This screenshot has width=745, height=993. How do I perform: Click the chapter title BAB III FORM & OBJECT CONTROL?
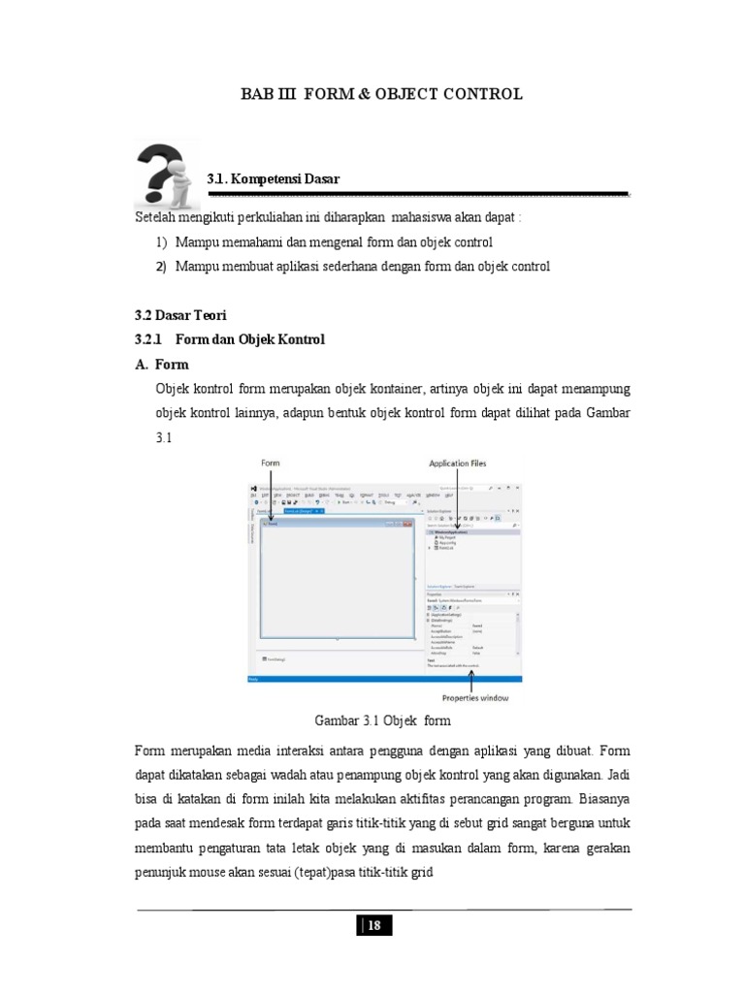pyautogui.click(x=381, y=94)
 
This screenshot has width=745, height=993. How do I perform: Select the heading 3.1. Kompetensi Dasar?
pyautogui.click(x=274, y=179)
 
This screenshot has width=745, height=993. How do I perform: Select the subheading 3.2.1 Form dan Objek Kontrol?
pyautogui.click(x=230, y=339)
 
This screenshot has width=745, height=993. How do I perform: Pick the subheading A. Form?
pyautogui.click(x=161, y=365)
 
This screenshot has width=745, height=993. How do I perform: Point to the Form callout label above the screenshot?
pyautogui.click(x=269, y=464)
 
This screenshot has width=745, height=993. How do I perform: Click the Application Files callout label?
pyautogui.click(x=452, y=464)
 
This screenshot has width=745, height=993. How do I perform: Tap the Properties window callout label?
pyautogui.click(x=470, y=697)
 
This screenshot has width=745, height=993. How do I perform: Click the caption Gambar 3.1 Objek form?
pyautogui.click(x=383, y=721)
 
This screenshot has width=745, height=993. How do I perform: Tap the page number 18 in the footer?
pyautogui.click(x=374, y=926)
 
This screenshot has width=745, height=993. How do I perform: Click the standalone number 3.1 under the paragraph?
pyautogui.click(x=163, y=438)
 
